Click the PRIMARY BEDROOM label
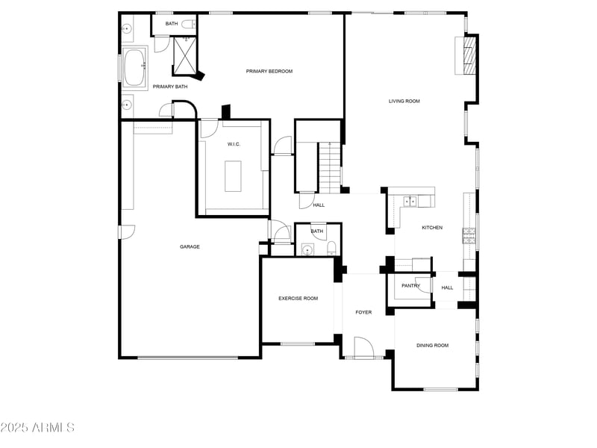tap(269, 72)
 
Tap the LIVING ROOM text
tap(404, 101)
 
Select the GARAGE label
tap(190, 246)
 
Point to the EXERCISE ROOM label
tap(298, 299)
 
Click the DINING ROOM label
tap(432, 345)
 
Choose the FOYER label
tap(363, 312)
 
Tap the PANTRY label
tap(410, 285)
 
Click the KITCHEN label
tap(432, 228)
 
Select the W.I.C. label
tap(234, 144)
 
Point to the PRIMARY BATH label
tap(170, 87)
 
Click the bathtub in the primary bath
tap(135, 68)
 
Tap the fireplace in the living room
tap(469, 56)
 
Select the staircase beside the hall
tap(330, 166)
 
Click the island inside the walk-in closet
tap(234, 176)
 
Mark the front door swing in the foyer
tap(363, 347)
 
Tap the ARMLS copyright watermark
tap(37, 428)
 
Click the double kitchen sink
tap(410, 201)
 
